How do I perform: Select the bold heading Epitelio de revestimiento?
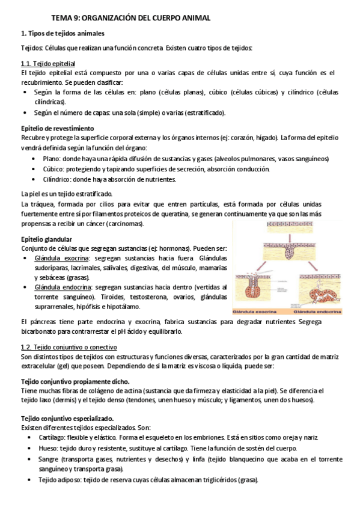tap(57, 128)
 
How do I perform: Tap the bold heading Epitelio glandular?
tap(47, 239)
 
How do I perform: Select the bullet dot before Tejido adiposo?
tap(31, 480)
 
